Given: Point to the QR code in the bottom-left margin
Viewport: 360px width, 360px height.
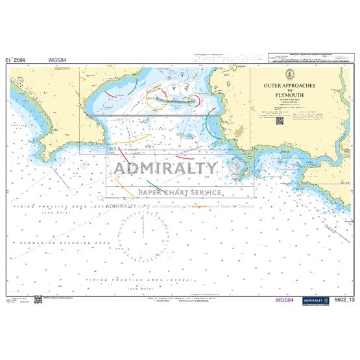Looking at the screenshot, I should click(38, 299).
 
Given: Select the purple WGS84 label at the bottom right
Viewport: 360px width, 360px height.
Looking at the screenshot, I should click(285, 300).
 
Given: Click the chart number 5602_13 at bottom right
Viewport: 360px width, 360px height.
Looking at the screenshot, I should click(344, 300).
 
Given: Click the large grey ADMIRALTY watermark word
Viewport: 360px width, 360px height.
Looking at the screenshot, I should click(166, 169).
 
